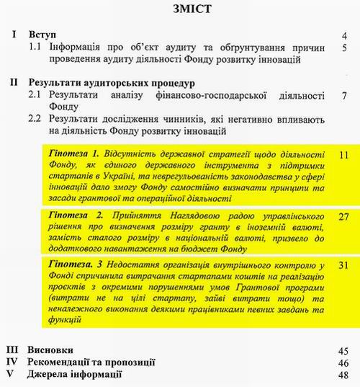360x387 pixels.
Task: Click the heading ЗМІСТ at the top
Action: (180, 11)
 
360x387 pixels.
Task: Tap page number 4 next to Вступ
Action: (346, 35)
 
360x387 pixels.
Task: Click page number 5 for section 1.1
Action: (346, 48)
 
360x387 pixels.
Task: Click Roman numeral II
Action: (14, 81)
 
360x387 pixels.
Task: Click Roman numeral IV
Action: (13, 362)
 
